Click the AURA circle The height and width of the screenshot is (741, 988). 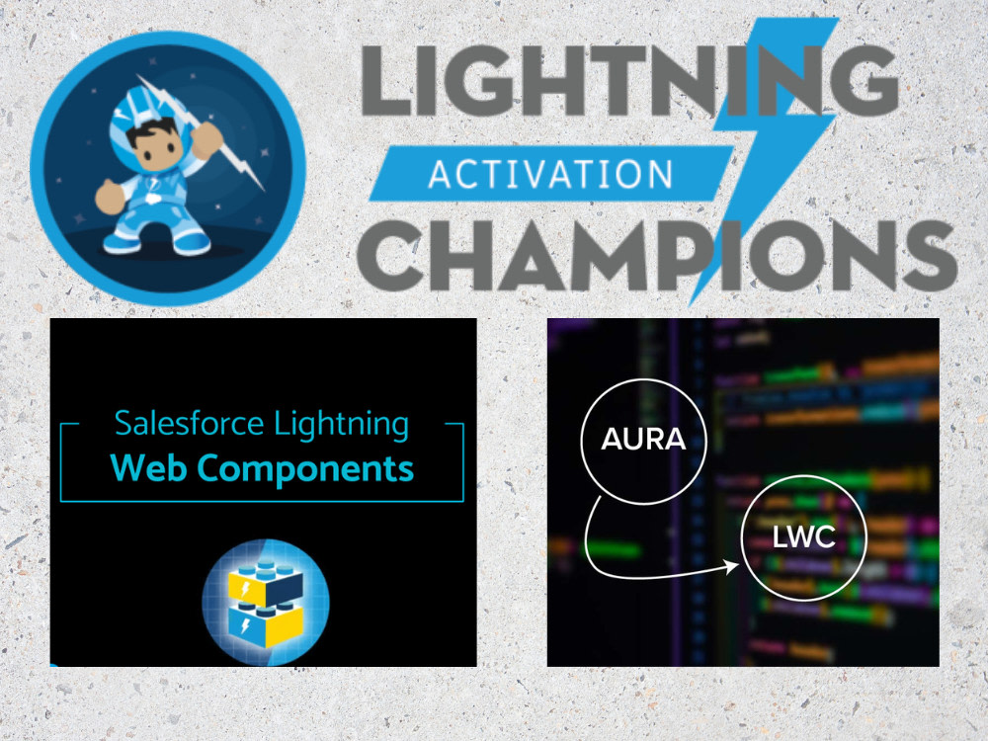pyautogui.click(x=643, y=439)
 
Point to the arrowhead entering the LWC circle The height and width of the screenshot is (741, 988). pyautogui.click(x=734, y=566)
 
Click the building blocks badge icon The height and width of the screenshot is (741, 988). pyautogui.click(x=265, y=602)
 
